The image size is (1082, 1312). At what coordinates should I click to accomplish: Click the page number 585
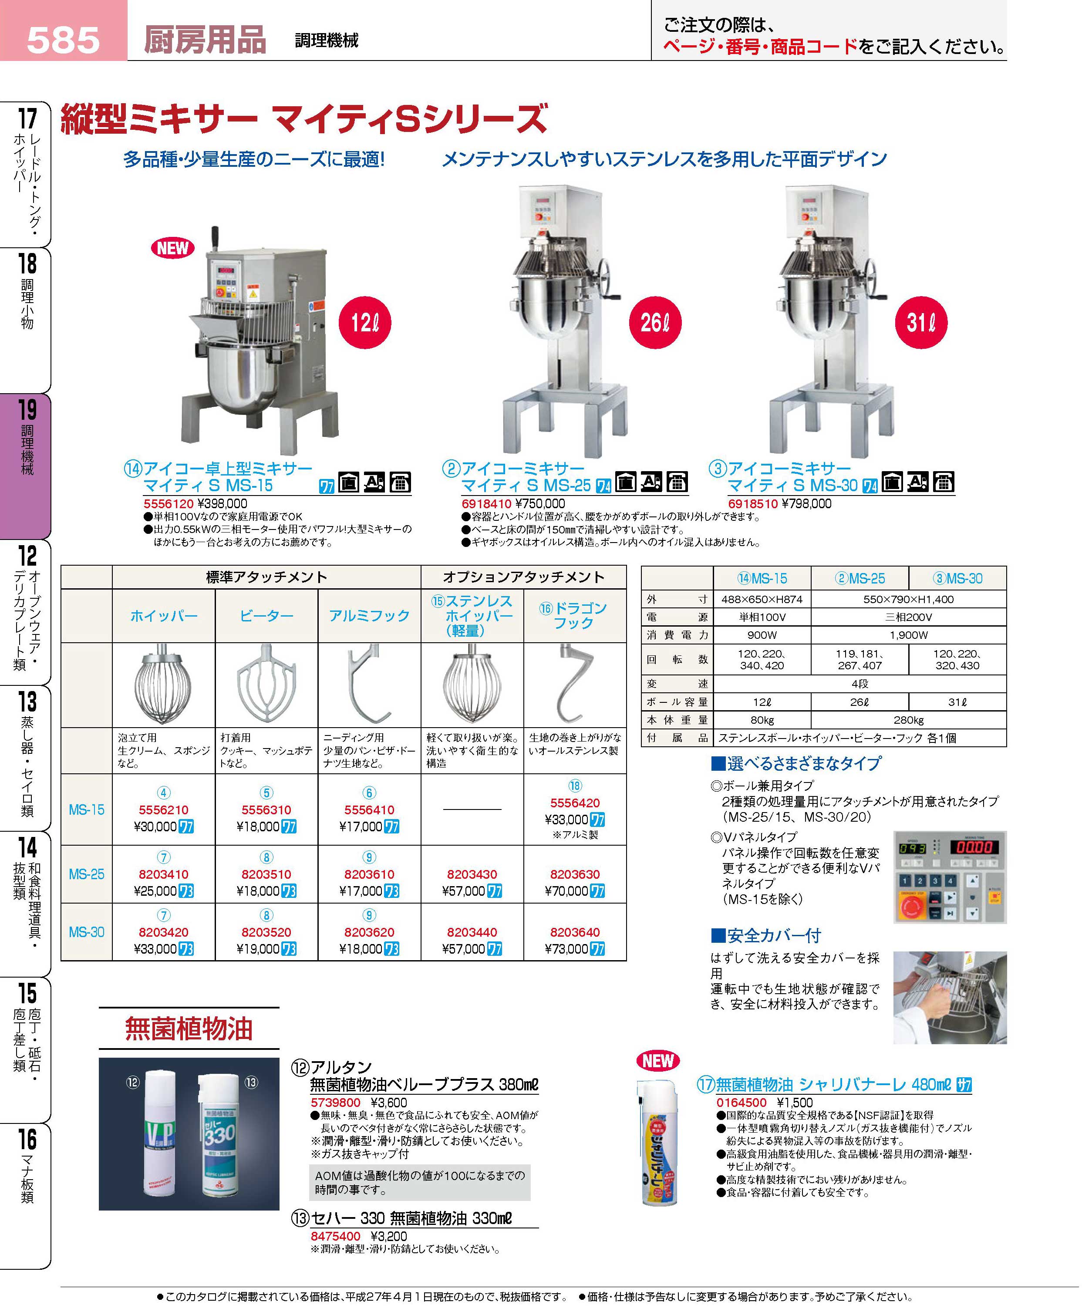pos(63,40)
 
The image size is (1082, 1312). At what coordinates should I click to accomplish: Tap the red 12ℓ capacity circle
pos(364,322)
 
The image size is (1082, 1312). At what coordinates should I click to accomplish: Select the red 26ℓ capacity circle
pos(655,322)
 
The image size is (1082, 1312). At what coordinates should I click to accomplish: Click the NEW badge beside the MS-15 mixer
pos(173,248)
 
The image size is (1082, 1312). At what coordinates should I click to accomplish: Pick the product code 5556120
pos(168,504)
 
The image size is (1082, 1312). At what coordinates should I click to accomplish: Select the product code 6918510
pos(753,504)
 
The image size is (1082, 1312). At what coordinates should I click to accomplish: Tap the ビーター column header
pos(267,616)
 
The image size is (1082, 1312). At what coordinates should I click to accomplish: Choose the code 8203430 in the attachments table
pos(472,874)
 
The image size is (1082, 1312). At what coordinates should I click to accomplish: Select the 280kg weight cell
pos(908,720)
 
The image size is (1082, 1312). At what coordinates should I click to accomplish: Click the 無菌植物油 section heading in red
pos(189,1029)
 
